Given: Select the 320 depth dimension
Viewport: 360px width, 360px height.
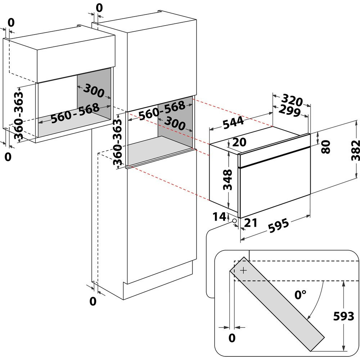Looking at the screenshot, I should [x=291, y=99].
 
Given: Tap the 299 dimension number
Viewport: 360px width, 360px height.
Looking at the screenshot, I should [x=289, y=111].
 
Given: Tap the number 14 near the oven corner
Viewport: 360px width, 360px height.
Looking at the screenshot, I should [x=220, y=217].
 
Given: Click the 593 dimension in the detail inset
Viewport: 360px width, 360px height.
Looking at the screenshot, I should [x=343, y=316].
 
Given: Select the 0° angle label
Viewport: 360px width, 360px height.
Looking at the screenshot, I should [x=300, y=295].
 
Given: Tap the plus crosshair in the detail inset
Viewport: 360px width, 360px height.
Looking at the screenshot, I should [x=244, y=270].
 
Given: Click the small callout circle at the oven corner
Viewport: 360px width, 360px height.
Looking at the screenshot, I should [x=234, y=220].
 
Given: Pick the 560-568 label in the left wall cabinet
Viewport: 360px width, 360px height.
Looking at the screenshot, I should [x=75, y=113].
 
